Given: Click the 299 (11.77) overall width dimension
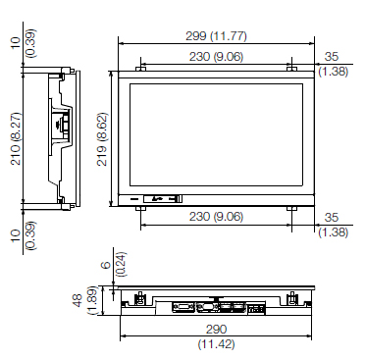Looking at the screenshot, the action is click(216, 35).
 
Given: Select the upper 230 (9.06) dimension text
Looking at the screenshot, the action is click(216, 57).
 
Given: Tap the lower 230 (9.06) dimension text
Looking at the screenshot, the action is click(216, 217).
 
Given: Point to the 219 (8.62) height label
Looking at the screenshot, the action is click(102, 139).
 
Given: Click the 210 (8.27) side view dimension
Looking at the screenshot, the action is click(16, 138).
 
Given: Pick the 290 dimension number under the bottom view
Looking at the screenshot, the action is click(216, 330).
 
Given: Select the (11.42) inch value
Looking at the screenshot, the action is click(216, 344).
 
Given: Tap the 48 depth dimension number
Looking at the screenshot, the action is click(78, 300).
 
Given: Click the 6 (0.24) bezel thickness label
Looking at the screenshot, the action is click(113, 264).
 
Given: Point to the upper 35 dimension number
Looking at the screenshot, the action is click(332, 57).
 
